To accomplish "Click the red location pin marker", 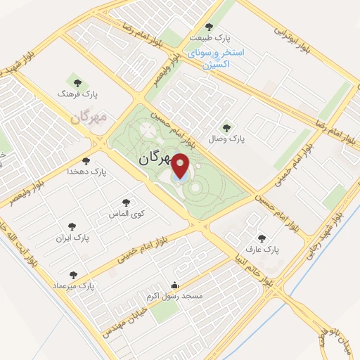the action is (181, 167).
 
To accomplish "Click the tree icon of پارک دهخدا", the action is (86, 161).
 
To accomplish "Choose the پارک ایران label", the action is (74, 238).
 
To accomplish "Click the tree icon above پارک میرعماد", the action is (74, 275).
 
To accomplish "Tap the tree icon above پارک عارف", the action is (263, 238).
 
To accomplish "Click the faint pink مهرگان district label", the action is (89, 116).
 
